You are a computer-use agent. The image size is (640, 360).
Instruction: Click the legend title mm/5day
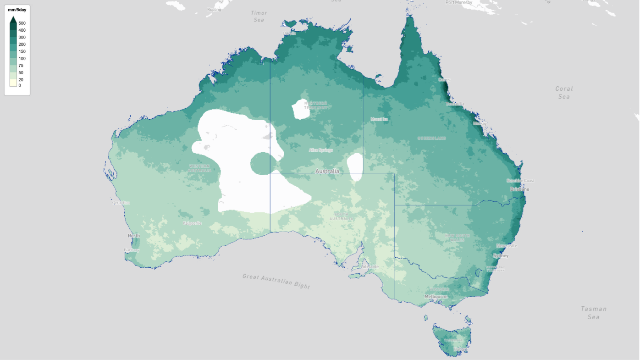tap(17, 10)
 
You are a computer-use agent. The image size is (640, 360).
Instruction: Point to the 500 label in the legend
tap(22, 23)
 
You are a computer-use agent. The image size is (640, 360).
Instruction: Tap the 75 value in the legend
tap(21, 66)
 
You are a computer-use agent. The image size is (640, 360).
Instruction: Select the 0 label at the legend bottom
tap(19, 85)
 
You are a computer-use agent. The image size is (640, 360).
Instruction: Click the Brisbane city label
tap(519, 189)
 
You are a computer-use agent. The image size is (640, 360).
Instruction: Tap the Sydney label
tap(500, 255)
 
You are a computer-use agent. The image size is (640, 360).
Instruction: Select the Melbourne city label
tap(436, 296)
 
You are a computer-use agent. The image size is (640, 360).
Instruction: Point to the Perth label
tap(134, 236)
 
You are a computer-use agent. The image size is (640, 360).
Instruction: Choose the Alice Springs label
tap(320, 150)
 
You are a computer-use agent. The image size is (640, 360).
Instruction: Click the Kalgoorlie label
tap(192, 223)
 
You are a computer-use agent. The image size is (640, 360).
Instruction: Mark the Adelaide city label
tap(370, 266)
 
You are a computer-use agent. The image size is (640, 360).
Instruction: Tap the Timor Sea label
tap(259, 17)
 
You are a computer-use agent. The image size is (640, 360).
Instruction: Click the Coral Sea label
tap(564, 92)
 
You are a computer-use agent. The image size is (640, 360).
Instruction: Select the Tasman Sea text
tap(593, 313)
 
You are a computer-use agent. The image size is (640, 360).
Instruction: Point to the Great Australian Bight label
tap(276, 281)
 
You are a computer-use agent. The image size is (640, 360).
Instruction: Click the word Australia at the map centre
tap(327, 171)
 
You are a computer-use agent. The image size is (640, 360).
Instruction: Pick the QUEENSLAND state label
tap(431, 138)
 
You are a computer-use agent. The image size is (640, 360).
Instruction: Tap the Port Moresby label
tap(458, 3)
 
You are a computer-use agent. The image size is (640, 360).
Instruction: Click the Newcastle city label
tap(506, 246)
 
